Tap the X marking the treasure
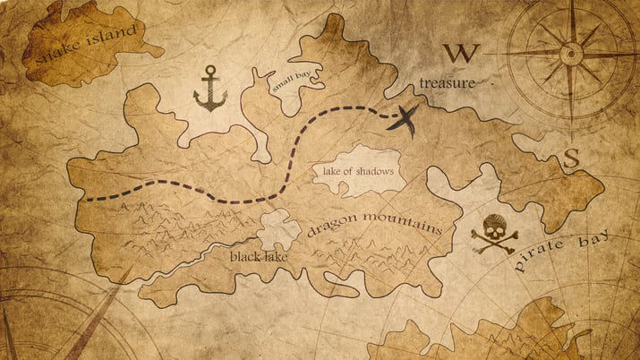[x=405, y=117]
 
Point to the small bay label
[x=294, y=81]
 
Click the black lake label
[x=259, y=257]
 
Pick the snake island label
[x=86, y=43]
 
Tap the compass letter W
[x=463, y=53]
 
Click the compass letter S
[x=571, y=159]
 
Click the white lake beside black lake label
[x=280, y=228]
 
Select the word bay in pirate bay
[x=595, y=239]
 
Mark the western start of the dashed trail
[x=88, y=198]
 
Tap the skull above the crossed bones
[x=491, y=225]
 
